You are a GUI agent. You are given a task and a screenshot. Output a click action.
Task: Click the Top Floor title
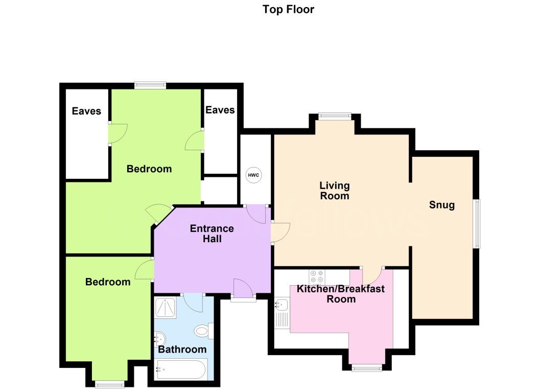[x=288, y=9]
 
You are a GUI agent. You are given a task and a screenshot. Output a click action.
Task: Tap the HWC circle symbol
[x=253, y=175]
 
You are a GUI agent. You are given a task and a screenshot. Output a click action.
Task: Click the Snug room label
[x=442, y=205]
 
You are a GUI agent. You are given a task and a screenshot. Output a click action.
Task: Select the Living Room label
[x=334, y=190]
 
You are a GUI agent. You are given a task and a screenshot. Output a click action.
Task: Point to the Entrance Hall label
[x=212, y=234]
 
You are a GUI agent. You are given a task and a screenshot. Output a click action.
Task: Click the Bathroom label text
[x=182, y=350]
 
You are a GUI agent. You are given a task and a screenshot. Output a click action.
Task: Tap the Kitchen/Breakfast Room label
[x=341, y=294]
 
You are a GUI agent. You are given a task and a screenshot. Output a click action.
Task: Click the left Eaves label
[x=86, y=111]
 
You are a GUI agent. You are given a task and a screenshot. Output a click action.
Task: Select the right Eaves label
[x=220, y=110]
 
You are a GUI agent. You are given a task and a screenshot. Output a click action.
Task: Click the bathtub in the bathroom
[x=182, y=368]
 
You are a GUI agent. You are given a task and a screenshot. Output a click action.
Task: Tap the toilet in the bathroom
[x=203, y=331]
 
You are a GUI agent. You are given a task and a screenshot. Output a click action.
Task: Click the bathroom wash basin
[x=159, y=338]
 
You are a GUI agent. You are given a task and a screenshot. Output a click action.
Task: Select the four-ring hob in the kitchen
[x=317, y=276]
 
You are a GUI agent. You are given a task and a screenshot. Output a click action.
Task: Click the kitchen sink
[x=282, y=305]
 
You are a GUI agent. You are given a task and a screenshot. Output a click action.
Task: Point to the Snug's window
[x=476, y=224]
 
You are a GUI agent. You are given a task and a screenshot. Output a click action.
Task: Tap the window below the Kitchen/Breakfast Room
[x=367, y=367]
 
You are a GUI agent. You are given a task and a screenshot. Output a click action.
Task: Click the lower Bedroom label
[x=108, y=282]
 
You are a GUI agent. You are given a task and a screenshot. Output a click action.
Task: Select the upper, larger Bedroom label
[x=149, y=169]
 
